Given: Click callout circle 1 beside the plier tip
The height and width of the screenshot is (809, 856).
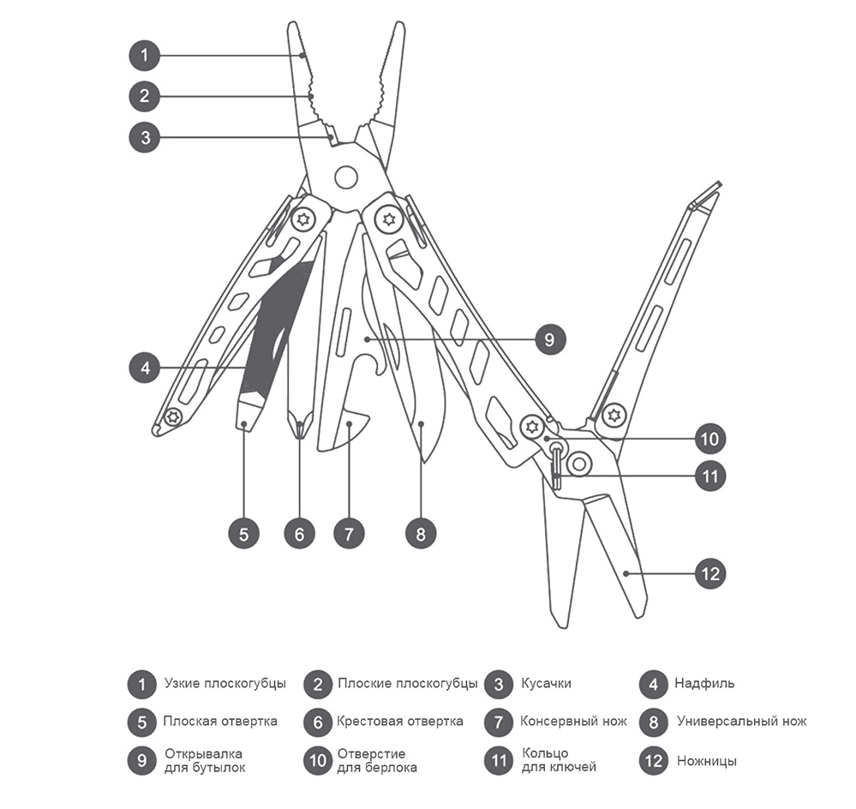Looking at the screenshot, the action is [144, 55].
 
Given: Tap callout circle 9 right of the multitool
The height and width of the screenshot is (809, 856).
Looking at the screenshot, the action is [549, 339].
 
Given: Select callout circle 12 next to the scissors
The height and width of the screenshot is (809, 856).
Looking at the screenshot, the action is [711, 573].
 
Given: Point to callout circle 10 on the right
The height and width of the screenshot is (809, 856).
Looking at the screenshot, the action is [709, 438].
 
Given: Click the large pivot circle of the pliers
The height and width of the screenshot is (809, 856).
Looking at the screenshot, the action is [346, 177].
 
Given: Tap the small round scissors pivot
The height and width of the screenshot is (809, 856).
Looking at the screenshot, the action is [579, 464].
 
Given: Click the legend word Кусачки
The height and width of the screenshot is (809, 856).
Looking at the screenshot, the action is [546, 683].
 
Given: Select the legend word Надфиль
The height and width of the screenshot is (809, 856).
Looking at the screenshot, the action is [704, 683].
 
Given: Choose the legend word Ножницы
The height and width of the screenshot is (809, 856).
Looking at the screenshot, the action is [706, 761].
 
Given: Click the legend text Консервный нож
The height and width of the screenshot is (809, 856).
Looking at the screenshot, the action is [573, 722].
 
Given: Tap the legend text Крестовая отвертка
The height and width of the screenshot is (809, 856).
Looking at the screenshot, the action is [400, 722].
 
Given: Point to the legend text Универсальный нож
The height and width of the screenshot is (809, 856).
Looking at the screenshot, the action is [742, 722].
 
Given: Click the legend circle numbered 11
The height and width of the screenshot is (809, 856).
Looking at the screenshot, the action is [499, 760].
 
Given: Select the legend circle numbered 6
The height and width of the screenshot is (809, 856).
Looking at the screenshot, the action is [318, 722].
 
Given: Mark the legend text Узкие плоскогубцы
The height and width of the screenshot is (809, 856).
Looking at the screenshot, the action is [225, 683].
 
